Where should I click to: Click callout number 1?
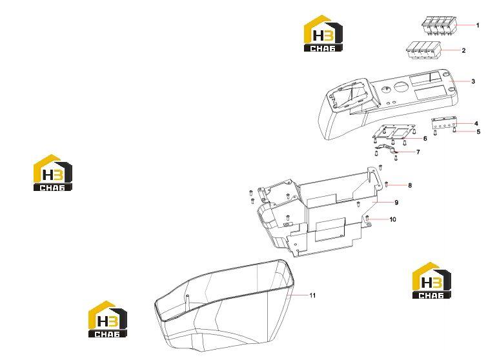point(478,25)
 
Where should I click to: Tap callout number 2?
point(463,50)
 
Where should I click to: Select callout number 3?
point(473,81)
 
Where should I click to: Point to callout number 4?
point(476,124)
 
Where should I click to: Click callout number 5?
point(479,132)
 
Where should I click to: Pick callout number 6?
point(425,139)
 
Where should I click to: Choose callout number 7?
point(418,152)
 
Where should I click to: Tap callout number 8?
point(410,185)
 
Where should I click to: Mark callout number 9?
point(396,203)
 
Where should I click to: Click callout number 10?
point(392,219)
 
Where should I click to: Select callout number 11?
point(312,295)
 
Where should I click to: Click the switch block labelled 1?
point(439,25)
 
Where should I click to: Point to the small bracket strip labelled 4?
point(444,123)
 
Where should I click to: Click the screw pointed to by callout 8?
point(387,184)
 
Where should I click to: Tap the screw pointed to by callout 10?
point(367,218)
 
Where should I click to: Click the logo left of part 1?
point(323,34)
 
